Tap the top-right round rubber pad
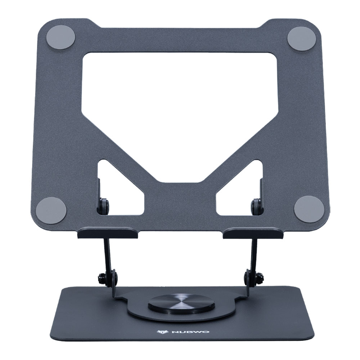point(302,38)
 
